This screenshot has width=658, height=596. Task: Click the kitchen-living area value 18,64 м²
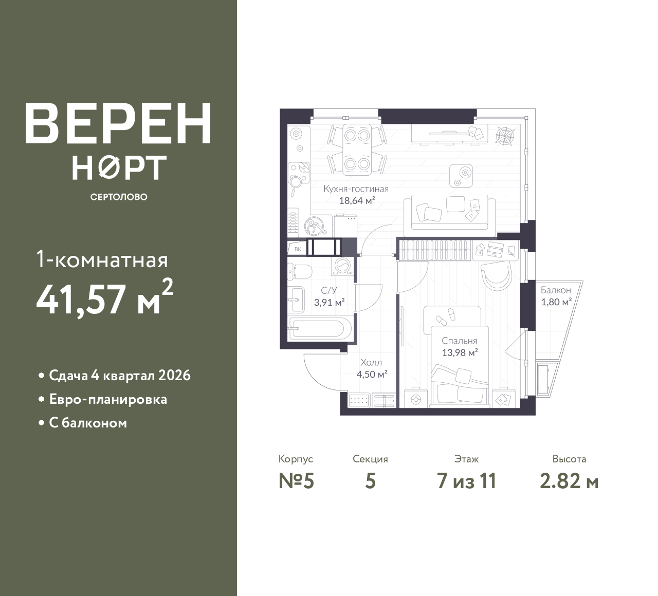click(357, 200)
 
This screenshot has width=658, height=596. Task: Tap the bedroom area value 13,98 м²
click(460, 353)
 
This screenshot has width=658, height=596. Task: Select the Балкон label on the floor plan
click(556, 290)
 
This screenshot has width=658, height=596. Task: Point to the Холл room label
click(371, 363)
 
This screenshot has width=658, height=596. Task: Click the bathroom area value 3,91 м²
click(330, 302)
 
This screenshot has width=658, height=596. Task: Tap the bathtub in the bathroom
click(320, 328)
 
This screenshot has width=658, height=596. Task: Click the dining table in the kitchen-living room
click(357, 150)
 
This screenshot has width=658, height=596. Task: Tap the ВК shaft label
click(298, 249)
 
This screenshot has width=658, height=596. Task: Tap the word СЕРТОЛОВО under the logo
click(119, 197)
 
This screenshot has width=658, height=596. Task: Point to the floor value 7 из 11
click(466, 481)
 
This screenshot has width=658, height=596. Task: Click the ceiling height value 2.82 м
click(569, 481)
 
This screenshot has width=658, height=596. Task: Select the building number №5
click(297, 481)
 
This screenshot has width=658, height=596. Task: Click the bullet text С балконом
click(88, 423)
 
